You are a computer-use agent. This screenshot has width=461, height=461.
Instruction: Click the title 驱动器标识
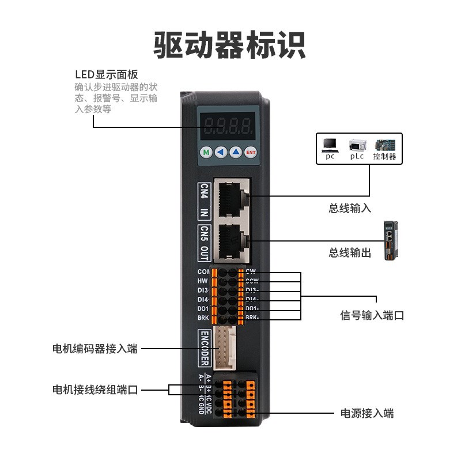(x=230, y=45)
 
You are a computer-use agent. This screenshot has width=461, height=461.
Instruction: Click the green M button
(x=206, y=152)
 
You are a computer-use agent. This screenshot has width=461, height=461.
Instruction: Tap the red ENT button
(x=250, y=152)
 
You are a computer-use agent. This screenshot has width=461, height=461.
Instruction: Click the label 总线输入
(x=350, y=209)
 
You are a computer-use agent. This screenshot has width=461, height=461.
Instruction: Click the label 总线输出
(x=350, y=253)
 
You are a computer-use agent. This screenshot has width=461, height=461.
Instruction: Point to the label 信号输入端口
(x=372, y=316)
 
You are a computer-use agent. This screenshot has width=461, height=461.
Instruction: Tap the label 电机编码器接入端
(x=95, y=349)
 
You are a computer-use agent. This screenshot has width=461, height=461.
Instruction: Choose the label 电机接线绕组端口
(x=95, y=390)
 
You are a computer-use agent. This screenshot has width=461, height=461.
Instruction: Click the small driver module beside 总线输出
(x=394, y=240)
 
